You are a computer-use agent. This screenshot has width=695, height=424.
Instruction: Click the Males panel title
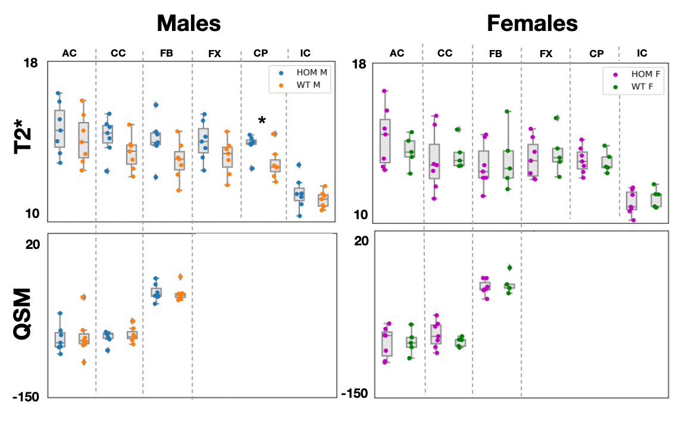189,23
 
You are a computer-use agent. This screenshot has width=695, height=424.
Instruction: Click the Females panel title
532,23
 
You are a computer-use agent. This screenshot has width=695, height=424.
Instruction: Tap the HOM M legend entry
307,72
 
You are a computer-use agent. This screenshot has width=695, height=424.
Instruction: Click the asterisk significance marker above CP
262,120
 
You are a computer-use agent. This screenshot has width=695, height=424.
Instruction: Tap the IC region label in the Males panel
305,54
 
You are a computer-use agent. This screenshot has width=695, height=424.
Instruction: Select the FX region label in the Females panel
545,54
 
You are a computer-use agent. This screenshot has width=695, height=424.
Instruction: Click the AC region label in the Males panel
70,54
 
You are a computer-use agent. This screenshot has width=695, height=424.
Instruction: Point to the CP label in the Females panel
596,54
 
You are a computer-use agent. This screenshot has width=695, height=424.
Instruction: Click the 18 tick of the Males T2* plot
32,63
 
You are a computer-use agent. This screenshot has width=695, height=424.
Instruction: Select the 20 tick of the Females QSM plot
362,240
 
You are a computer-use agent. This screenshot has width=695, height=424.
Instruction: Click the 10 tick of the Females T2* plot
362,215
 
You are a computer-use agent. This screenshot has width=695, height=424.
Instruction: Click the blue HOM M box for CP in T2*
251,142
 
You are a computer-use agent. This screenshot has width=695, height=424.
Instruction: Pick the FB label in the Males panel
167,54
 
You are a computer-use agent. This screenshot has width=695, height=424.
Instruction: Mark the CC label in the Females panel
444,54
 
